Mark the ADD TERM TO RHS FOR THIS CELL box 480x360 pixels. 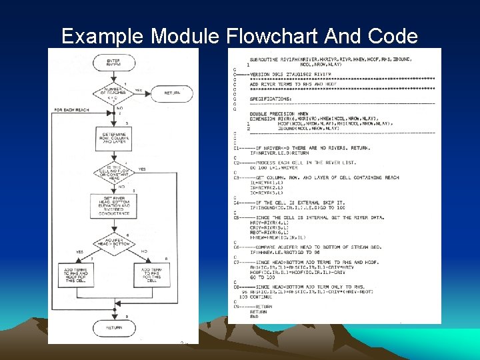(x=151, y=274)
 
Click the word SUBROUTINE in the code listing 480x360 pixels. (x=261, y=59)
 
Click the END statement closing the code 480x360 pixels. (x=254, y=317)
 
